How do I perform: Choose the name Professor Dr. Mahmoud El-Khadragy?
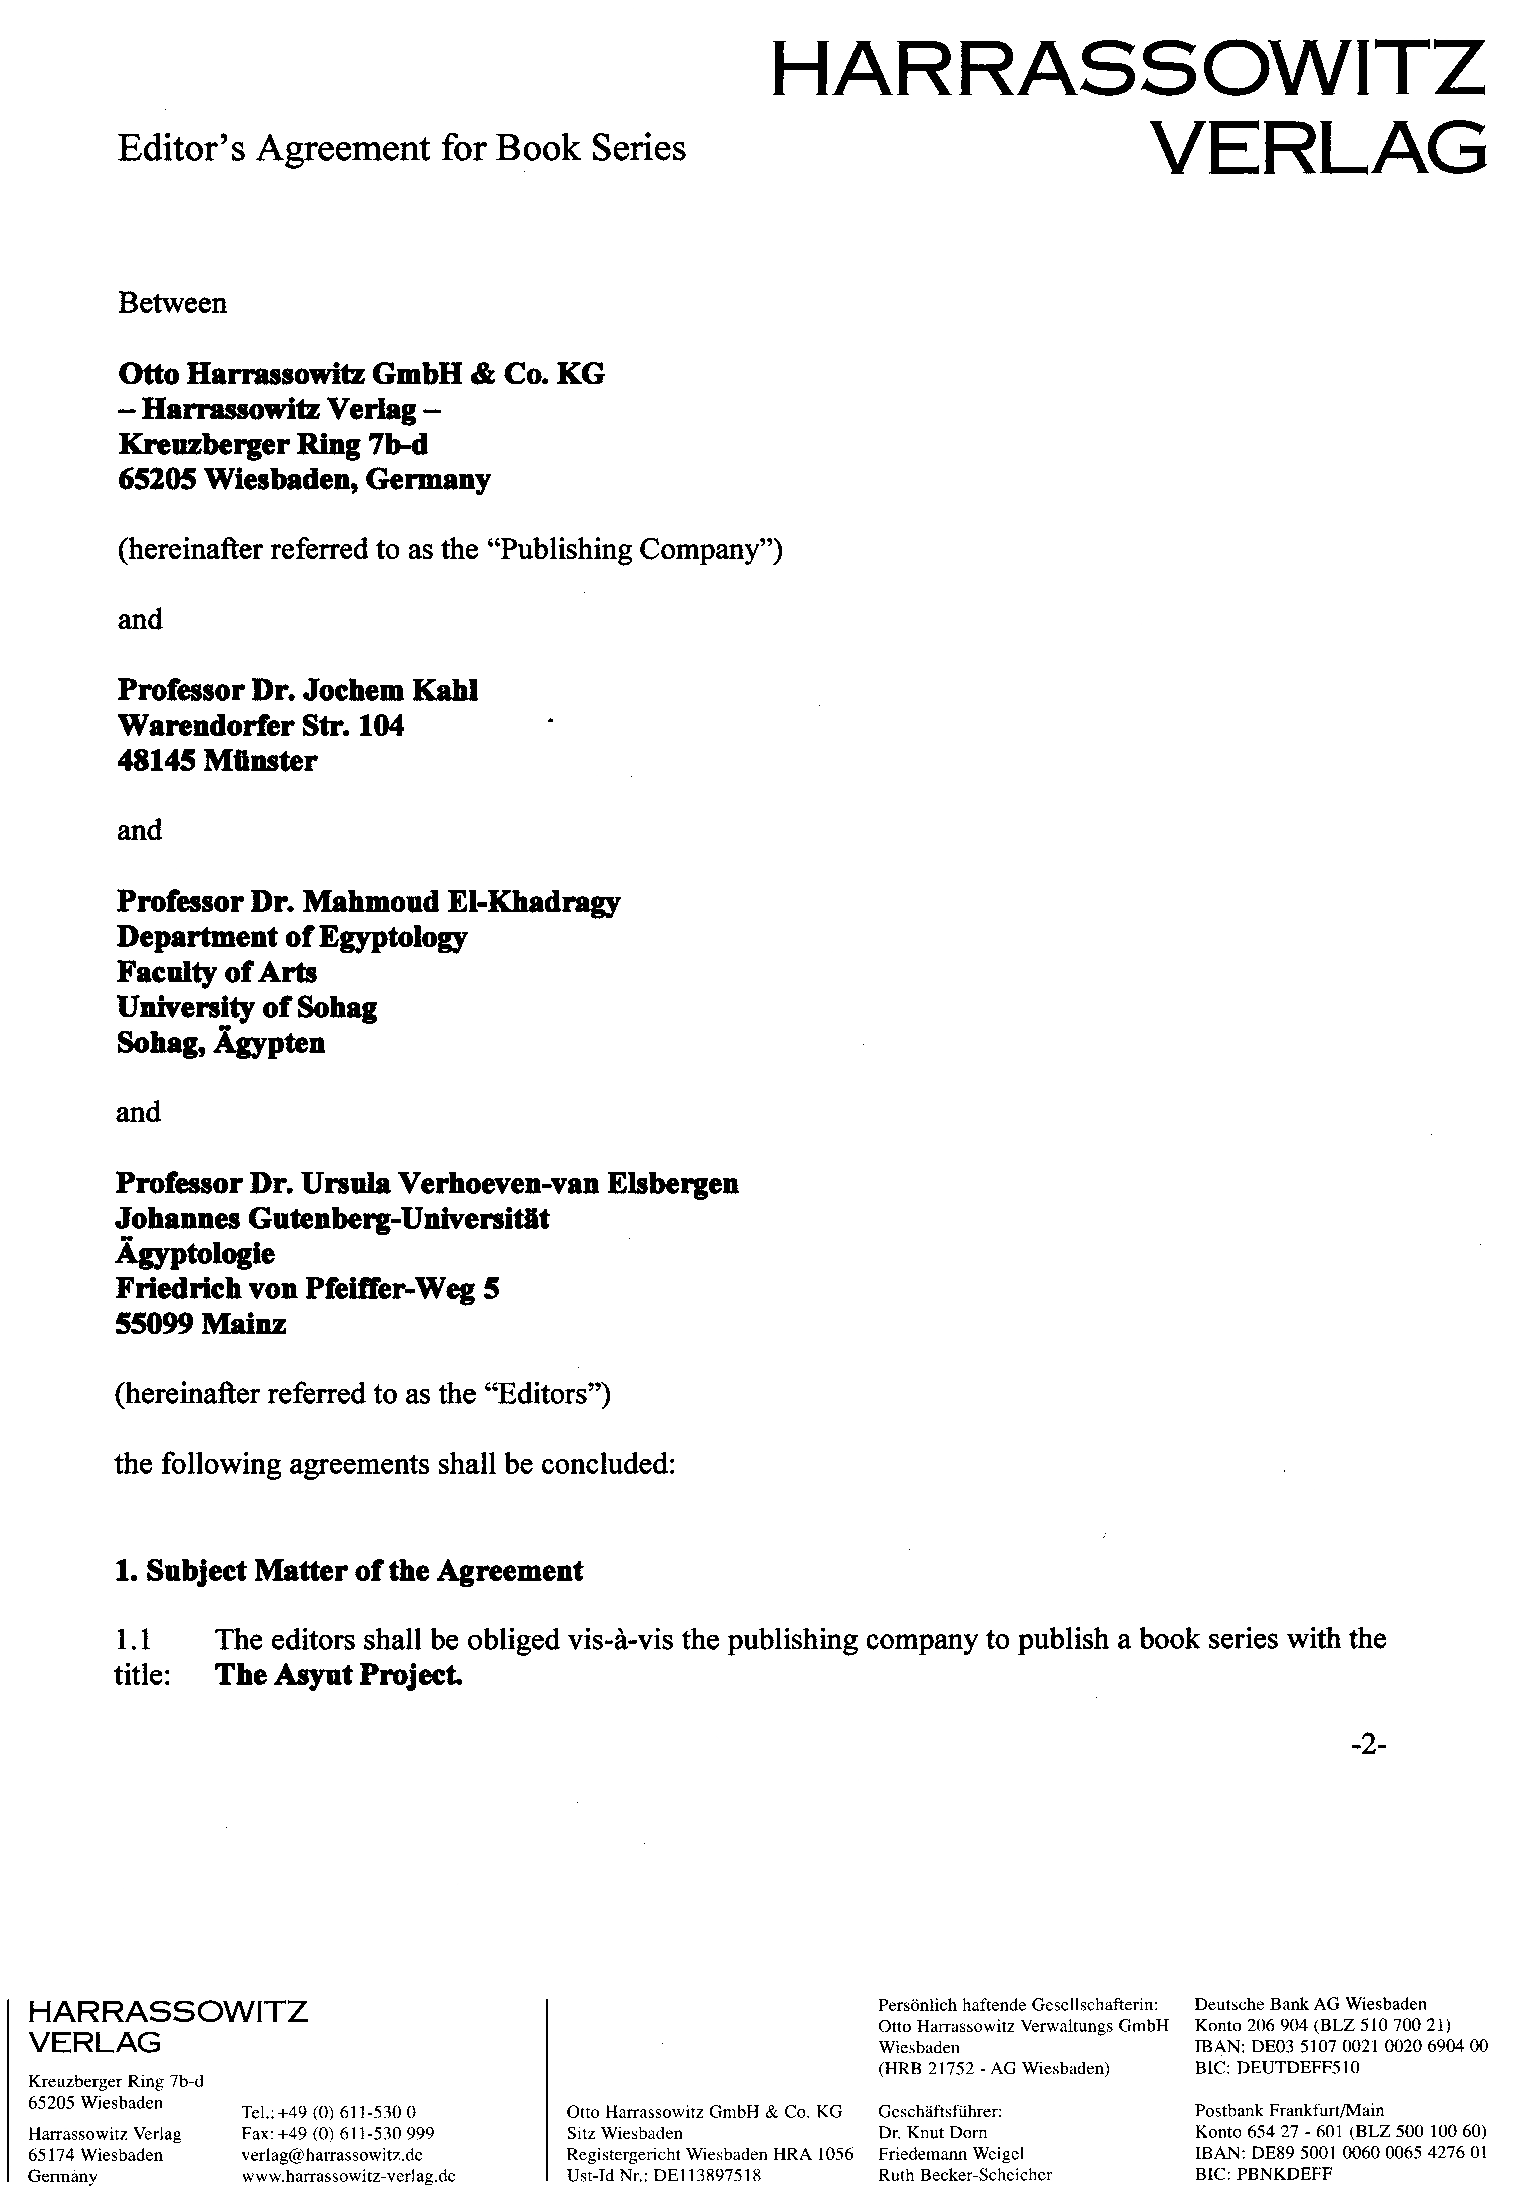368,902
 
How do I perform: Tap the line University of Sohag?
246,1008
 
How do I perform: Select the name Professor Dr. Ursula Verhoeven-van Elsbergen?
426,1184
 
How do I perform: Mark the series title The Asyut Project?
339,1676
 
